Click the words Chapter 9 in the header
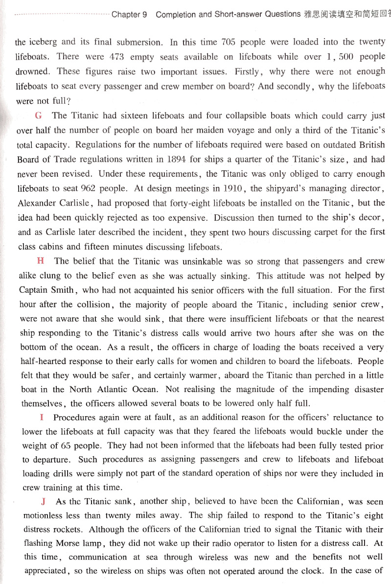click(x=129, y=14)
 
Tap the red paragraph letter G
click(x=39, y=116)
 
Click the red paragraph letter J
click(x=44, y=502)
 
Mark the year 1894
click(x=184, y=159)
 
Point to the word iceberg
click(x=45, y=42)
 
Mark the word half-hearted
click(x=47, y=362)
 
